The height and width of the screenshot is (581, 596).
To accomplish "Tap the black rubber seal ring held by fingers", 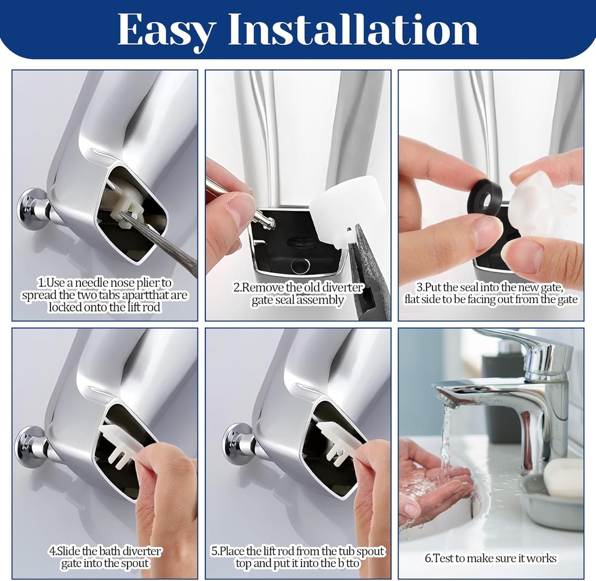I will [485, 197].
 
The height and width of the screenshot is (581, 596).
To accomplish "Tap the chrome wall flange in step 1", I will [32, 208].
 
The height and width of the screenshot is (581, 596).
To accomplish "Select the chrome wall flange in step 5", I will [237, 443].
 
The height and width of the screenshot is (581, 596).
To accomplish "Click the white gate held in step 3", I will [541, 205].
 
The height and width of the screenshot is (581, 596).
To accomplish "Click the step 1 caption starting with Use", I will [105, 295].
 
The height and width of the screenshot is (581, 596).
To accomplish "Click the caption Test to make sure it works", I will [491, 558].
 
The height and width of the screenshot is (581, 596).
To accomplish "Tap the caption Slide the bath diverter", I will [105, 557].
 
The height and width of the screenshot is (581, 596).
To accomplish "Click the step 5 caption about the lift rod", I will [298, 557].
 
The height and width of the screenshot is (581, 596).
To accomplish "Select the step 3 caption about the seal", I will [491, 294].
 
